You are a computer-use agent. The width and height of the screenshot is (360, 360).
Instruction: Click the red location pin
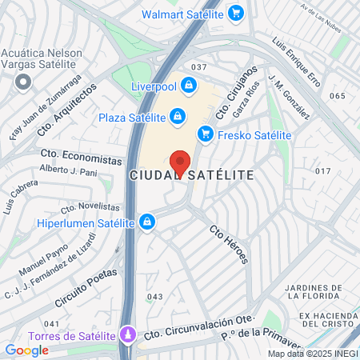180,162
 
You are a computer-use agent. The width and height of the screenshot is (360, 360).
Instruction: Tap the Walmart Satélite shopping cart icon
235,14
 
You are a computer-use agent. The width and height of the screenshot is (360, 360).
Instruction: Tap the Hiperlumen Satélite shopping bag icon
146,222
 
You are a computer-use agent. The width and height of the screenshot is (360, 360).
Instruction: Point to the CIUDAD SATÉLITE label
191,174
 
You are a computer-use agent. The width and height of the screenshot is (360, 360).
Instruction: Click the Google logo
26,350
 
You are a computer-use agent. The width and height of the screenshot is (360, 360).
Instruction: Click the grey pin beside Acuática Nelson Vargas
23,81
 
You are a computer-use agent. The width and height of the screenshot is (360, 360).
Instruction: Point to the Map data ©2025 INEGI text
313,354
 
